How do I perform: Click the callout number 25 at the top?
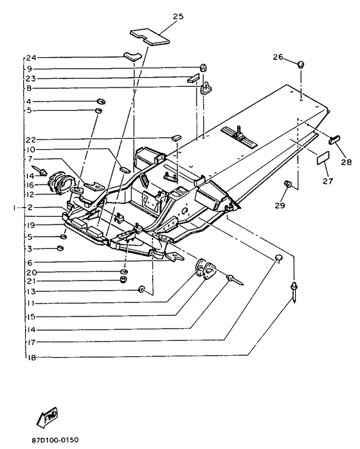(178, 16)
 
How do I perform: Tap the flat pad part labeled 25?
(150, 37)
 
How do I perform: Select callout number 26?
(278, 57)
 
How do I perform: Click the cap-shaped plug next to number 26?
(300, 64)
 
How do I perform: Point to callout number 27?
(328, 181)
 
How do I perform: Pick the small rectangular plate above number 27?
(323, 158)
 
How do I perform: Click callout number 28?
(346, 162)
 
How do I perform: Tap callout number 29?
(280, 205)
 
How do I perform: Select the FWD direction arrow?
(47, 417)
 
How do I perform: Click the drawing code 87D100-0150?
(55, 440)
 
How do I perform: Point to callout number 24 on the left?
(31, 58)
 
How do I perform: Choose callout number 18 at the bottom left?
(32, 358)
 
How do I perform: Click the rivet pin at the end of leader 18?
(293, 291)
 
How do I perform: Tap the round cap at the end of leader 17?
(278, 258)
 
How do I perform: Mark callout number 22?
(31, 140)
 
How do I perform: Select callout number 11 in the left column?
(31, 303)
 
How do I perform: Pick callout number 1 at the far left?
(14, 208)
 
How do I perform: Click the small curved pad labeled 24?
(132, 56)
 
